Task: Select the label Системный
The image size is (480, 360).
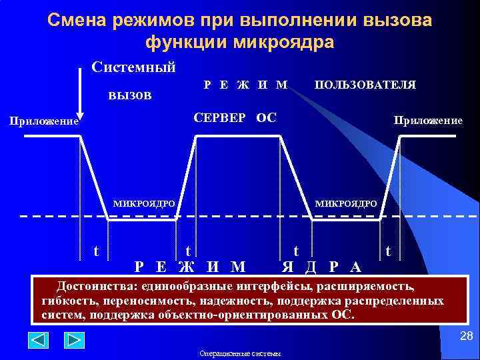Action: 133,67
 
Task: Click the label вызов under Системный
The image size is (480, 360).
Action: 130,94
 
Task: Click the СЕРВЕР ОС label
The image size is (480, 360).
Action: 235,118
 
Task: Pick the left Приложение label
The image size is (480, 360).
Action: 43,122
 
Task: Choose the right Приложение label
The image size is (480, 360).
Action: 428,121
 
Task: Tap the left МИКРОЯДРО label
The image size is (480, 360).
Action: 144,203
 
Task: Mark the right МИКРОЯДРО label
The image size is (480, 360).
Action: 346,203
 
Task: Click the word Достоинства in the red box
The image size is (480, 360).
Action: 93,287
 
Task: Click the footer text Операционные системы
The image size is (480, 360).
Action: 240,353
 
